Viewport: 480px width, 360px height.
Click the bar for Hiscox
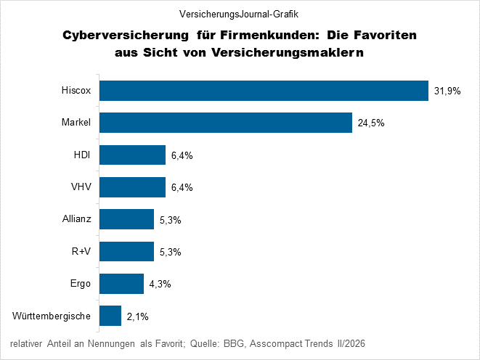[x=264, y=91]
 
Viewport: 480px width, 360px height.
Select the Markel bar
[x=226, y=123]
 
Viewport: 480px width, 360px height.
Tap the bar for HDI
[x=133, y=155]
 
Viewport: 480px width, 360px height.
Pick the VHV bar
[x=133, y=187]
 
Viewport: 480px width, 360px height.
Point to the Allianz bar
[x=127, y=219]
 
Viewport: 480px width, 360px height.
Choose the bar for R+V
[x=127, y=251]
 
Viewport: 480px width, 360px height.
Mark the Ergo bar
[x=121, y=284]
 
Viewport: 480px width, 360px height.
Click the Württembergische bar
[x=110, y=316]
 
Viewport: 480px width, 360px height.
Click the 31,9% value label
[x=447, y=91]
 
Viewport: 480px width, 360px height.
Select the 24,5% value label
[x=371, y=123]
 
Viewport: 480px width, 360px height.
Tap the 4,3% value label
[x=160, y=284]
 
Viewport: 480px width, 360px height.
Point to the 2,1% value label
[x=138, y=316]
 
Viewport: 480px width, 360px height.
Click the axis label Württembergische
[x=52, y=316]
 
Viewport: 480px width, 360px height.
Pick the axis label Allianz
[x=76, y=218]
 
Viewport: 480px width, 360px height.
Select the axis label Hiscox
[x=76, y=90]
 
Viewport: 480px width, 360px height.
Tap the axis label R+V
[x=81, y=251]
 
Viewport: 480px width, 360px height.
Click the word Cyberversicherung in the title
[x=126, y=36]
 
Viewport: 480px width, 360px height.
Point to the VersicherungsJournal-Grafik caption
[x=239, y=14]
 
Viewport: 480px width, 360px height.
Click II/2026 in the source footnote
[x=351, y=343]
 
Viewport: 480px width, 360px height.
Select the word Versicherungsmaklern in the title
[x=288, y=52]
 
